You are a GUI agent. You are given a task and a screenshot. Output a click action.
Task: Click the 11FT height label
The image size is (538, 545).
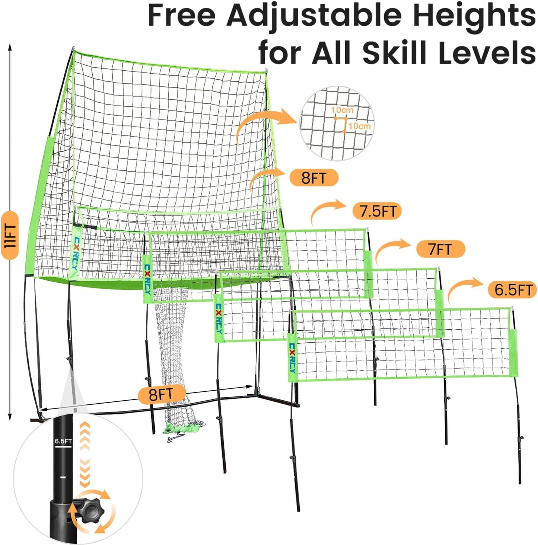(x=10, y=235)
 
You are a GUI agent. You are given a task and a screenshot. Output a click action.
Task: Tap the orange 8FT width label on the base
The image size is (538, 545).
(x=162, y=394)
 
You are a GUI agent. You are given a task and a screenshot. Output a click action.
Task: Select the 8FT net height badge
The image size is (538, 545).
(x=314, y=177)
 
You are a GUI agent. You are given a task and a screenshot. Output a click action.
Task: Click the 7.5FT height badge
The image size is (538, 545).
(x=377, y=211)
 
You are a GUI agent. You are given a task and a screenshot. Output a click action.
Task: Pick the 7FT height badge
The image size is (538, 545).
(x=440, y=249)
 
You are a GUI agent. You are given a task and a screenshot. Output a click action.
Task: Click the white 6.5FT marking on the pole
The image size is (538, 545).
(x=63, y=441)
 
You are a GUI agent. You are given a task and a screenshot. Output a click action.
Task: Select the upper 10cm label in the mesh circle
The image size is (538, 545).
(x=342, y=110)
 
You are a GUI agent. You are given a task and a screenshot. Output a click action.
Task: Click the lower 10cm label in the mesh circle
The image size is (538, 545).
(x=359, y=126)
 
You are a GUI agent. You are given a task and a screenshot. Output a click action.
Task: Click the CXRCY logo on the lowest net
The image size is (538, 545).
(x=293, y=358)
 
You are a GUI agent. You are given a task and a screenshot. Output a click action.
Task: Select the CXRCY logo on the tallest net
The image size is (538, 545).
(x=75, y=254)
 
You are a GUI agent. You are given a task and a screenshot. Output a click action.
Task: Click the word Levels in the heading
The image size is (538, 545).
(x=487, y=52)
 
